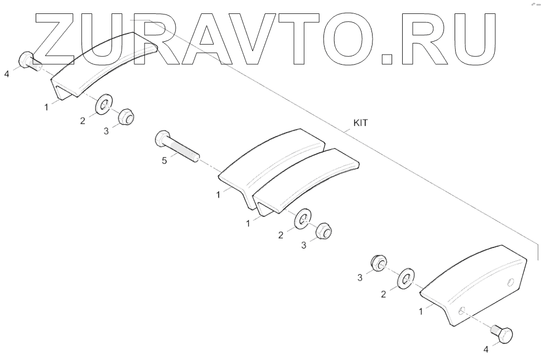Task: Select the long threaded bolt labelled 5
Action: tap(176, 145)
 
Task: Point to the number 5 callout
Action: tap(164, 162)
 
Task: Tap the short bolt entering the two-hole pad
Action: tap(501, 334)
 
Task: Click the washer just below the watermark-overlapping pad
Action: tap(103, 104)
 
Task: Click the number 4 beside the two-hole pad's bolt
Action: tap(485, 350)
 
